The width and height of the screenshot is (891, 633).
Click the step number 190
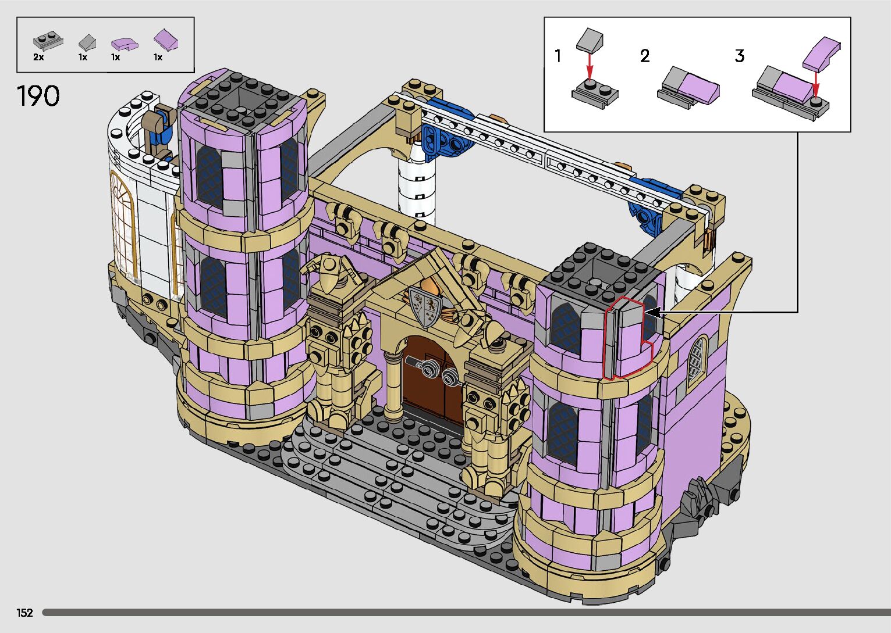click(38, 96)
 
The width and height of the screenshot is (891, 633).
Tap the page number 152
click(24, 612)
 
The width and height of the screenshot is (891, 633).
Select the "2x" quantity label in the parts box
click(38, 57)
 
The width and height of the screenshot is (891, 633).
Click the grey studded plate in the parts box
click(48, 41)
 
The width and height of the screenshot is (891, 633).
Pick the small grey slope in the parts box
click(87, 42)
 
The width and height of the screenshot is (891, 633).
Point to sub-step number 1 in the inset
click(558, 56)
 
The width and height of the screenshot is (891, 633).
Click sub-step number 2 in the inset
click(645, 56)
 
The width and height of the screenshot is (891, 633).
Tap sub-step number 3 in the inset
click(740, 56)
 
